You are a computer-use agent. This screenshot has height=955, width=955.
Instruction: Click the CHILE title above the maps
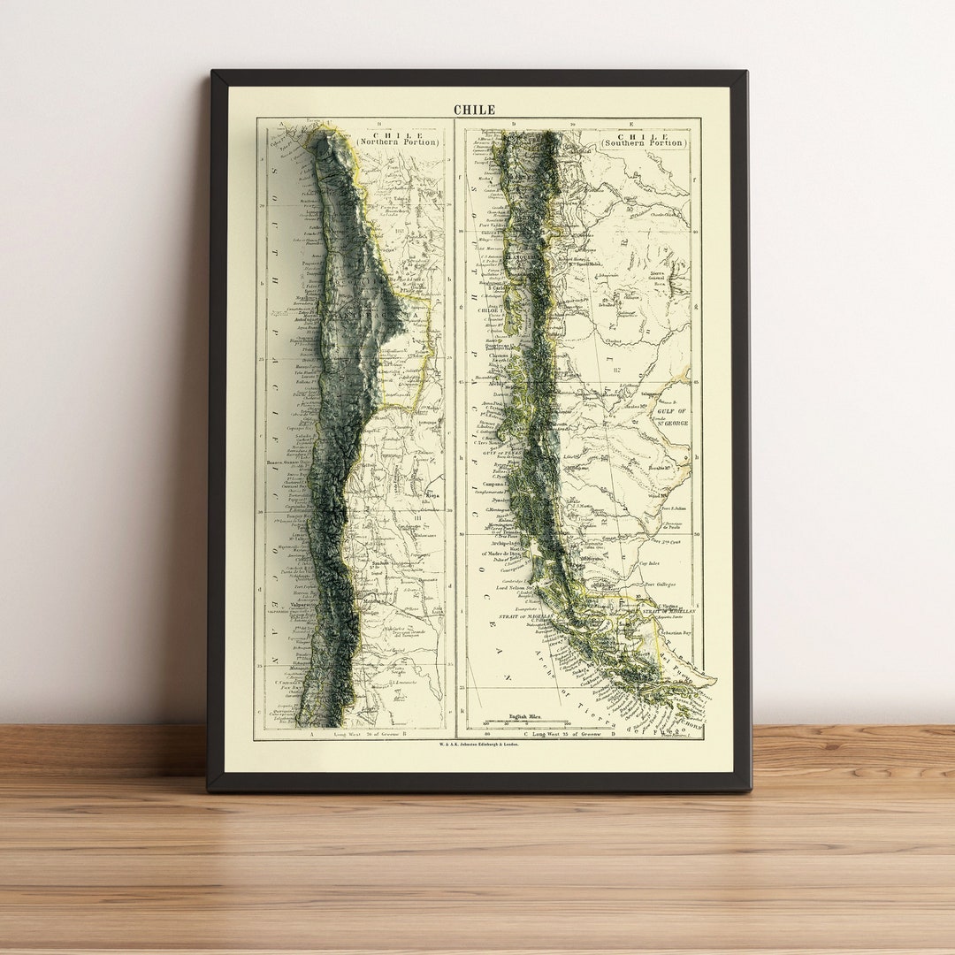[474, 110]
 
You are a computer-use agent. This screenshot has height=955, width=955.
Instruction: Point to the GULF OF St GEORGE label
[673, 416]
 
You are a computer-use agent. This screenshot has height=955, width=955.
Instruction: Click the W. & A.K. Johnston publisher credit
[478, 745]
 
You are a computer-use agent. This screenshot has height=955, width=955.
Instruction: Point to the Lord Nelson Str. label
[515, 586]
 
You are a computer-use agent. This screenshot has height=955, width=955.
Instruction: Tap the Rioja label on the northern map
[432, 496]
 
